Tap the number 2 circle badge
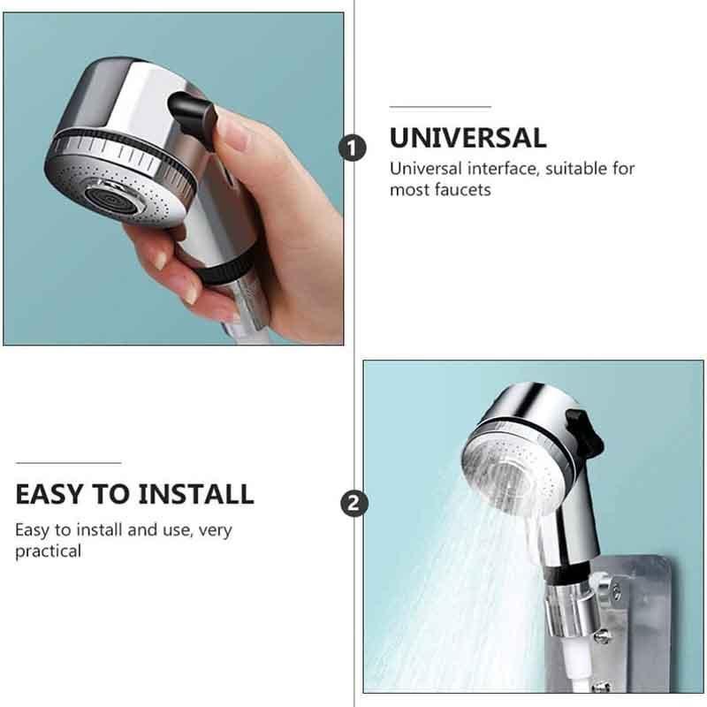353,504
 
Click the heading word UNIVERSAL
468,138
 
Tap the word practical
48,551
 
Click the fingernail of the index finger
159,259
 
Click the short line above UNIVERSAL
440,107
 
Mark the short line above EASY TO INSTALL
68,462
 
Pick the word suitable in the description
574,168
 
